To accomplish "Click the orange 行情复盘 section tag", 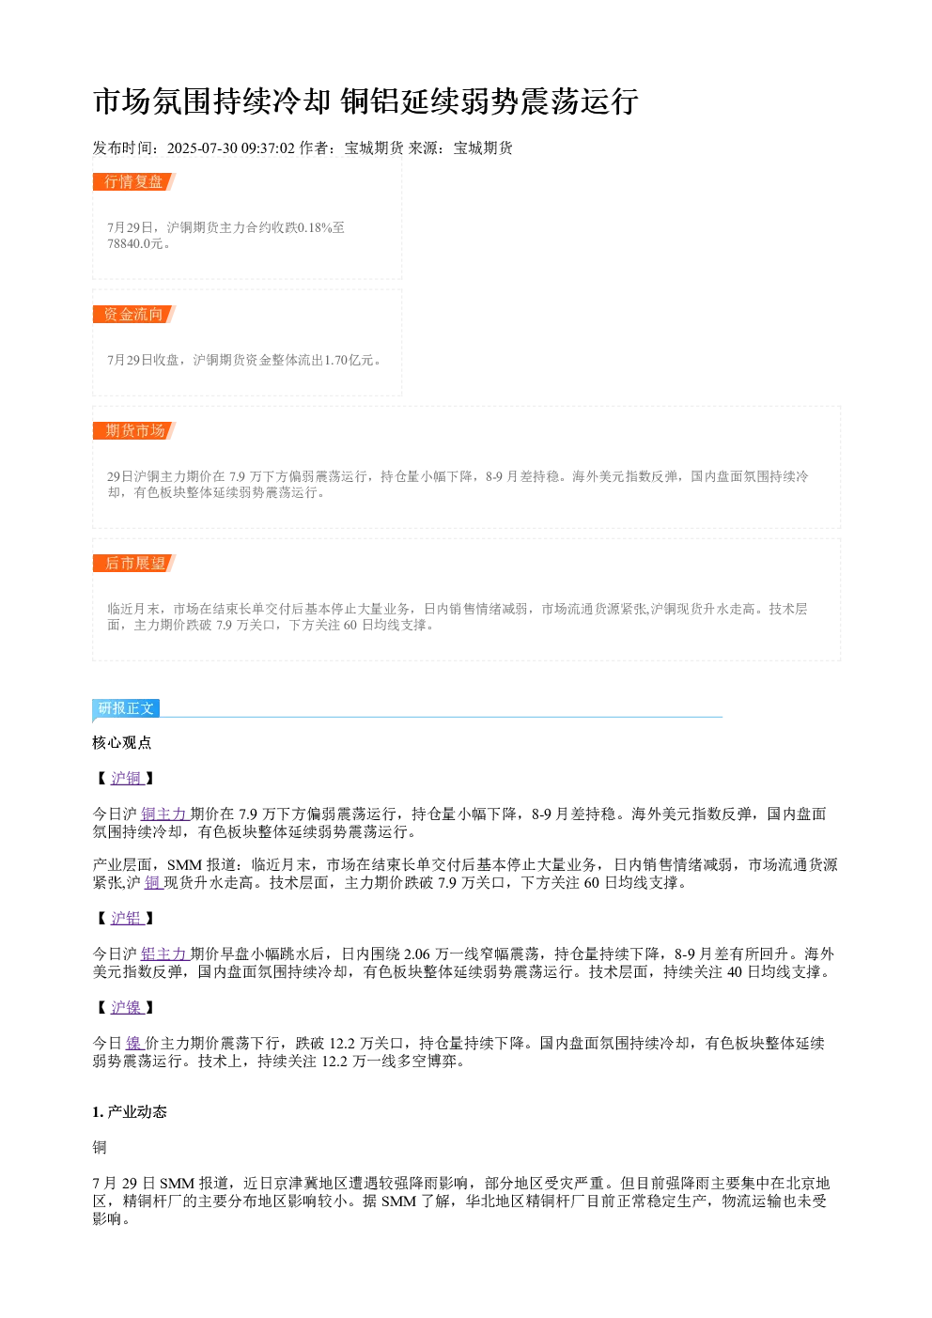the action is coord(134,182).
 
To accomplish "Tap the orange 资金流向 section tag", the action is coord(134,314).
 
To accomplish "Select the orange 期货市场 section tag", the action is coord(134,430).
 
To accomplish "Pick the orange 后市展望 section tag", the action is coord(134,563).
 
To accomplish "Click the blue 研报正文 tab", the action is coord(126,708).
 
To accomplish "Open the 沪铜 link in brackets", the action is coord(127,779).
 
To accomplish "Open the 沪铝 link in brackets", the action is coord(127,918).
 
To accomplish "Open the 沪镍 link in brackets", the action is coord(127,1007).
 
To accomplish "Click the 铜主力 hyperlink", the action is coord(164,814).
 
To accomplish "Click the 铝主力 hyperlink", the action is coord(164,954).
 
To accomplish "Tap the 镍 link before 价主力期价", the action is coord(134,1043).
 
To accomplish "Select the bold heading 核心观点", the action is coord(122,742).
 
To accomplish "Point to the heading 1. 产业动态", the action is coord(130,1111).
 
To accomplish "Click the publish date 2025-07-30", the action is coord(202,148).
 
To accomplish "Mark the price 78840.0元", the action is coord(135,243).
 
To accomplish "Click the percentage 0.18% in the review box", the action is coord(315,227).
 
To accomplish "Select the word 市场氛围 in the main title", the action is coord(153,101).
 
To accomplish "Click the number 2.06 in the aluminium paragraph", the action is coord(416,954).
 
